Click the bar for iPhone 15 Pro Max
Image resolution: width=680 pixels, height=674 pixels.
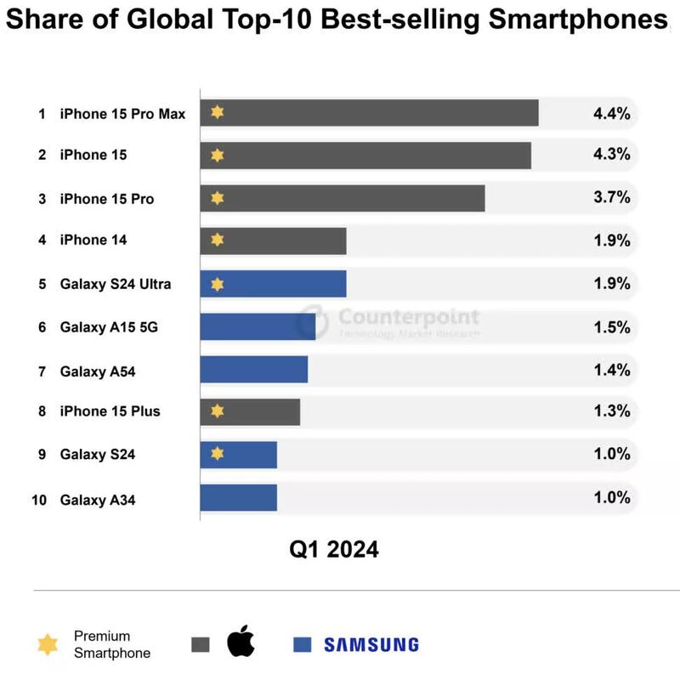tap(369, 112)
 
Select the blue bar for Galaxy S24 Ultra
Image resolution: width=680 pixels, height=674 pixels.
tap(273, 284)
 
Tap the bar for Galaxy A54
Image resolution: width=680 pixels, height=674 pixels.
tap(253, 370)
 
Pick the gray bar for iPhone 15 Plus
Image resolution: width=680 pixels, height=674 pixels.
tap(250, 412)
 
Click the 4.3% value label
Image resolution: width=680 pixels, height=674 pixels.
tap(611, 155)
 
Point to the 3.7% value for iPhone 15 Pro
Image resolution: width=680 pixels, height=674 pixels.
tap(611, 198)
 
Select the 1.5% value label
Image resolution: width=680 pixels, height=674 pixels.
tap(611, 326)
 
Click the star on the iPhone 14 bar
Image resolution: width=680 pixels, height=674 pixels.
tap(217, 241)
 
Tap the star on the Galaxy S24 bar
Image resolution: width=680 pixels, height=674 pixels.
tap(217, 455)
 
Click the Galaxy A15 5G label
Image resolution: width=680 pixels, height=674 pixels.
tap(110, 327)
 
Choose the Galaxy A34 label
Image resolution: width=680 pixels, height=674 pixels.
tap(97, 501)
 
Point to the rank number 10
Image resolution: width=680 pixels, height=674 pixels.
tap(39, 501)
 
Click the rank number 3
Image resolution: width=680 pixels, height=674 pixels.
tap(41, 199)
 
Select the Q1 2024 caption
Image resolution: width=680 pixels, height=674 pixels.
tap(334, 549)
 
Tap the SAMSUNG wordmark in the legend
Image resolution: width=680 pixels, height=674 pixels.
tap(371, 644)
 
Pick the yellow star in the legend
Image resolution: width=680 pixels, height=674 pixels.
tap(48, 644)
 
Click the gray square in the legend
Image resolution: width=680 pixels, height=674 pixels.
tap(201, 644)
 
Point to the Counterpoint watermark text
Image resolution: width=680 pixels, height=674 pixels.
tap(408, 318)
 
